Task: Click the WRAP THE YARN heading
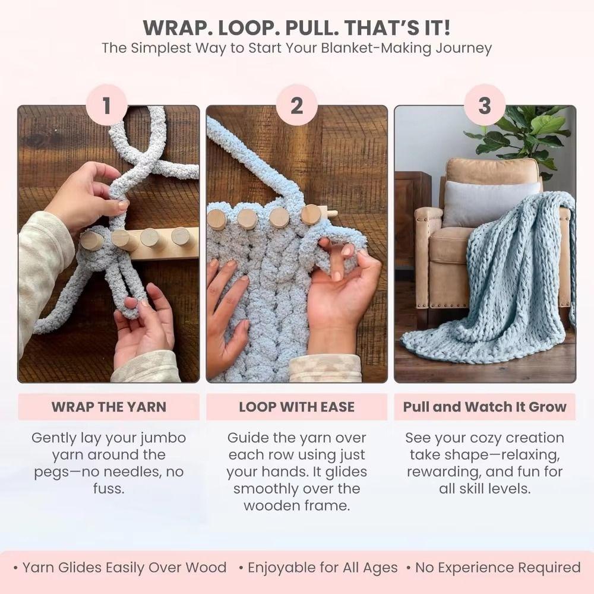click(x=109, y=407)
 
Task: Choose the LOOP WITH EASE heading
click(x=296, y=407)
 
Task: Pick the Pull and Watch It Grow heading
click(x=485, y=407)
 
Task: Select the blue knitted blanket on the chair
click(x=505, y=279)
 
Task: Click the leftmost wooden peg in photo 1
click(x=91, y=240)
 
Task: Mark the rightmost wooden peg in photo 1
click(x=180, y=236)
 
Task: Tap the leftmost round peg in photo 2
click(x=217, y=219)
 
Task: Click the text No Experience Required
click(x=498, y=567)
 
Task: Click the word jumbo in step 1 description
click(x=162, y=438)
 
